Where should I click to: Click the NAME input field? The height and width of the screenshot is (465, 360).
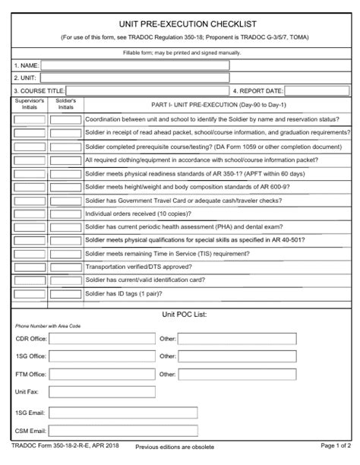click(x=135, y=65)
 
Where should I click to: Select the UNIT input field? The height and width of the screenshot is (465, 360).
click(x=134, y=77)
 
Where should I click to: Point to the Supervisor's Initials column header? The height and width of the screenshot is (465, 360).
click(x=30, y=104)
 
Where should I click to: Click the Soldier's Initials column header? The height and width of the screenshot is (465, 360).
click(x=66, y=104)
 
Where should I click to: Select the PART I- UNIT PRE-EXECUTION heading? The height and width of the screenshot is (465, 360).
click(x=217, y=104)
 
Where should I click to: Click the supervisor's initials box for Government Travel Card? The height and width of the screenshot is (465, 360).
click(x=30, y=201)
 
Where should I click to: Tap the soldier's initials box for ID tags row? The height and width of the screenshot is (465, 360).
click(x=66, y=293)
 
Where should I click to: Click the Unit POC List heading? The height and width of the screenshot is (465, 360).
click(x=185, y=314)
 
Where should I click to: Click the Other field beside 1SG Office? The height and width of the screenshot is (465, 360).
click(x=238, y=356)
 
